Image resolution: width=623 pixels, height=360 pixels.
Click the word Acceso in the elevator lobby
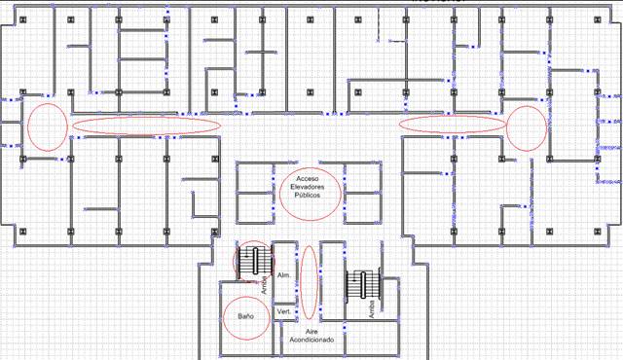(308, 179)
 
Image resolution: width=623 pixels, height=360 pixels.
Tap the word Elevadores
(308, 187)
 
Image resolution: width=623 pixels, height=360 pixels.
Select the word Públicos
(308, 195)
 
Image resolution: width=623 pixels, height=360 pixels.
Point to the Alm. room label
(284, 276)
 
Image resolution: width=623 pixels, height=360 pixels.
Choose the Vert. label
(284, 311)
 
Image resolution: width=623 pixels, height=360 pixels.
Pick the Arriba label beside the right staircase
(372, 307)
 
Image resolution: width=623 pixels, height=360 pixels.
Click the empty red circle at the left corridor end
(46, 126)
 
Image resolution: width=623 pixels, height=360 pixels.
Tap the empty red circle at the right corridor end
(527, 127)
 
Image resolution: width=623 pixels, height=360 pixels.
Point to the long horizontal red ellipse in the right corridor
(455, 124)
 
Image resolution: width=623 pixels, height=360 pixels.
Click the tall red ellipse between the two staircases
(309, 282)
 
